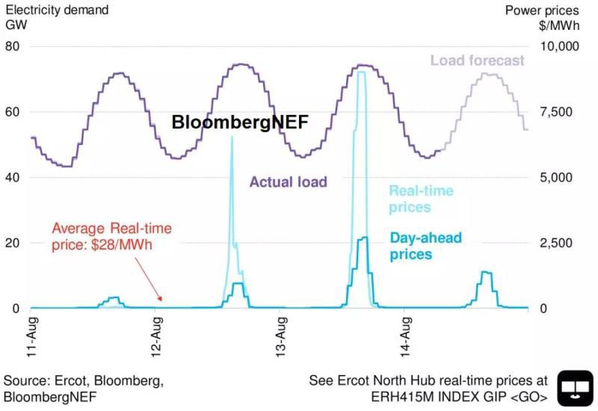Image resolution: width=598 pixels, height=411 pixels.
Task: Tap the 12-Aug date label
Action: [x=156, y=339]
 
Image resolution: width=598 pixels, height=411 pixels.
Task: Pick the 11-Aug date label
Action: [x=31, y=339]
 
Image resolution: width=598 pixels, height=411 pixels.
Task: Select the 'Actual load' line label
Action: [x=288, y=182]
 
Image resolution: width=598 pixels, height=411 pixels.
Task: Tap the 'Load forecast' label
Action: [x=478, y=61]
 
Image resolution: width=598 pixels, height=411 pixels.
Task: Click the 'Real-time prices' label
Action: [x=421, y=199]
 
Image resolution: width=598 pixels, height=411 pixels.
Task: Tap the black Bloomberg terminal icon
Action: [x=575, y=389]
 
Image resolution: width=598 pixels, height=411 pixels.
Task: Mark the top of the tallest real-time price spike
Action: [x=362, y=72]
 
